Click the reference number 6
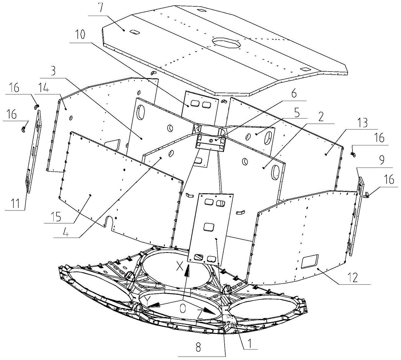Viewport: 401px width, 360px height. [294, 93]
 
